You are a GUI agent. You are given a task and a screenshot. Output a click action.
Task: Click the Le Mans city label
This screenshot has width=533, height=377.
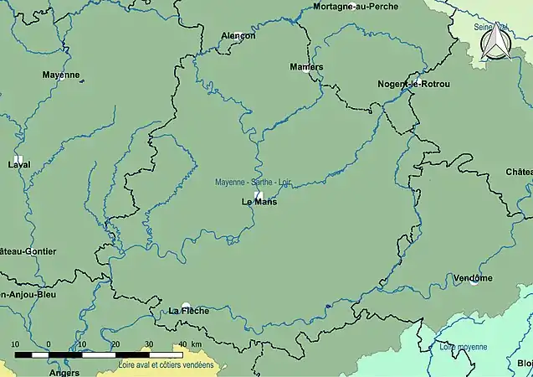click(x=259, y=202)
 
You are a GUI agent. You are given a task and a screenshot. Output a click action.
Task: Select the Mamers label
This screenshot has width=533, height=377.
click(x=306, y=66)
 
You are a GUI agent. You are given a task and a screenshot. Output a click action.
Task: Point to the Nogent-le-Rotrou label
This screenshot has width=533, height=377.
click(x=413, y=85)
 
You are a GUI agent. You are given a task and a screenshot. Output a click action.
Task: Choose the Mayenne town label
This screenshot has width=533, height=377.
click(x=61, y=75)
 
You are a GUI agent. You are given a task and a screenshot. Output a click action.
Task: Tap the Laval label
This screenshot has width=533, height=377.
click(x=18, y=164)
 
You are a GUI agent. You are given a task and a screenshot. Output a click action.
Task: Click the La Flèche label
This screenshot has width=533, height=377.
click(x=188, y=311)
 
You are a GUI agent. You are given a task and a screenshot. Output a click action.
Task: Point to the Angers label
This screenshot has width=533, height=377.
click(x=64, y=372)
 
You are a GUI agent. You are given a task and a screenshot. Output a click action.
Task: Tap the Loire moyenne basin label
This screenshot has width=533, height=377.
click(x=463, y=346)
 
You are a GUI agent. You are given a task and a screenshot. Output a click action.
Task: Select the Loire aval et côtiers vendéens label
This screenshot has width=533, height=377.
click(x=167, y=365)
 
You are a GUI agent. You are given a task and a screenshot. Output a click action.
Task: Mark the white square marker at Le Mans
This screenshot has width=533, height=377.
click(x=259, y=194)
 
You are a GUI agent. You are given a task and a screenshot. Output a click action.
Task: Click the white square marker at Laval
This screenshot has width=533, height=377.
click(x=18, y=158)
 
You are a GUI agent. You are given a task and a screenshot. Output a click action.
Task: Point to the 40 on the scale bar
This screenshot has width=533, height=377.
click(x=182, y=344)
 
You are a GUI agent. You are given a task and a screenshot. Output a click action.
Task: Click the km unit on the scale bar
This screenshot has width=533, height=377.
click(x=196, y=344)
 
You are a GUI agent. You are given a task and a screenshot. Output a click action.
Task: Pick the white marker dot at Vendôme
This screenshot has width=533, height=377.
click(x=474, y=283)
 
